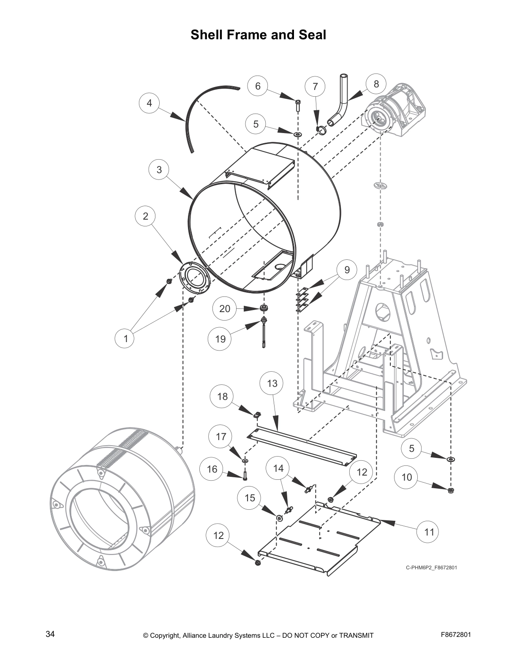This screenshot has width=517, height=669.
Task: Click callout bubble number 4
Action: [149, 103]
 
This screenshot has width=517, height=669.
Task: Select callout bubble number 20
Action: [225, 309]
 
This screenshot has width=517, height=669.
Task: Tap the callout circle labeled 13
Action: [272, 383]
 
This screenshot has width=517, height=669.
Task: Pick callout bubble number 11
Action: [429, 532]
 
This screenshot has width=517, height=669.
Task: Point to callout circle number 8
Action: [376, 84]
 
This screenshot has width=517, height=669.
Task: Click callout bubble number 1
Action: [125, 338]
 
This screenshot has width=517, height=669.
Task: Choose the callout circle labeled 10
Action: [406, 477]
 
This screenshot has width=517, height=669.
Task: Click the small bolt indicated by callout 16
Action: [245, 476]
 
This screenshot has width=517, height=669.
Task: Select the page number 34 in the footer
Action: [50, 634]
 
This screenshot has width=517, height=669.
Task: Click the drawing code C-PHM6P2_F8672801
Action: [431, 567]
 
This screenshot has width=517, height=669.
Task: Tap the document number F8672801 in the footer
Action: [456, 634]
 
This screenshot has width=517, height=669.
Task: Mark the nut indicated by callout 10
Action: [451, 490]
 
